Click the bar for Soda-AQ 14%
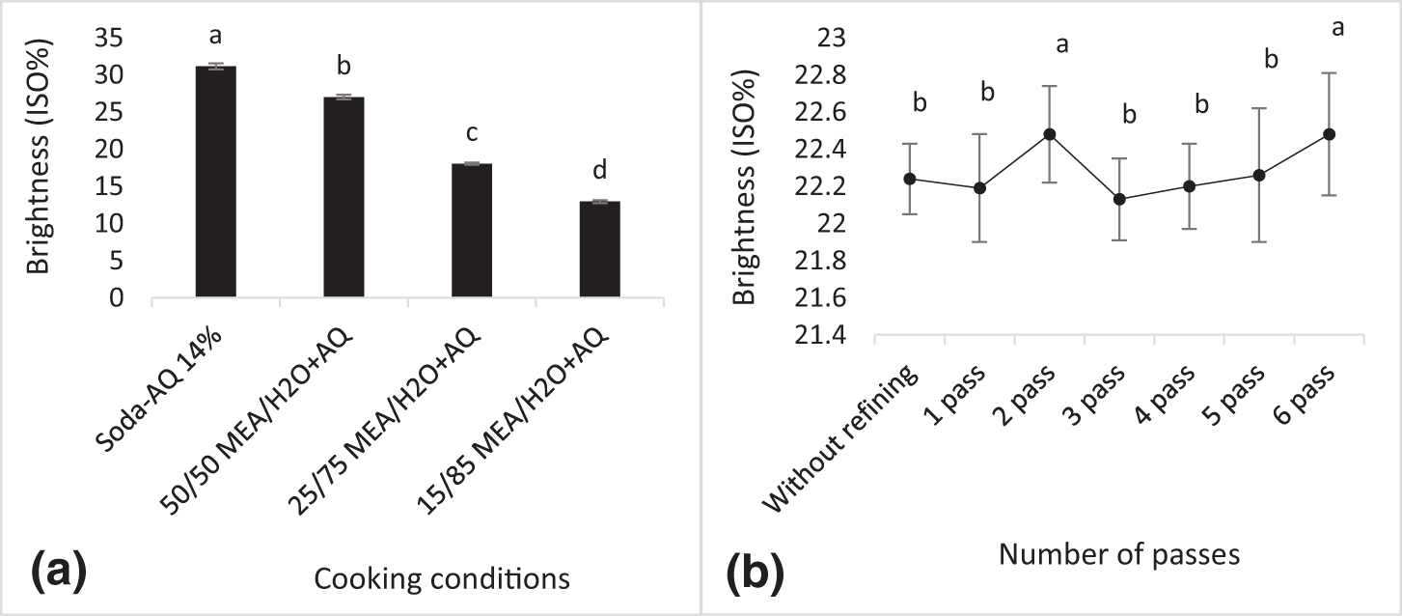click(215, 183)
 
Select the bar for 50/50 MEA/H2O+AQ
click(344, 198)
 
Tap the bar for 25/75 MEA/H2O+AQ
click(471, 232)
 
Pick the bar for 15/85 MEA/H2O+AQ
click(599, 250)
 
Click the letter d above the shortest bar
click(599, 172)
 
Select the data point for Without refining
click(909, 179)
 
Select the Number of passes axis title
click(1118, 554)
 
